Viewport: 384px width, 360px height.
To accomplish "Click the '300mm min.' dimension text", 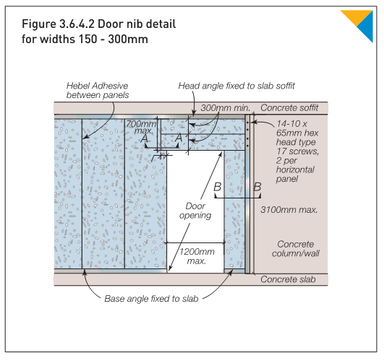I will tap(222, 106).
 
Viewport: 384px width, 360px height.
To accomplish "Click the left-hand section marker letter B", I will tap(218, 186).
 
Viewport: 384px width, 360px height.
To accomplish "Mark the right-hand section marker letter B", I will tap(257, 186).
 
